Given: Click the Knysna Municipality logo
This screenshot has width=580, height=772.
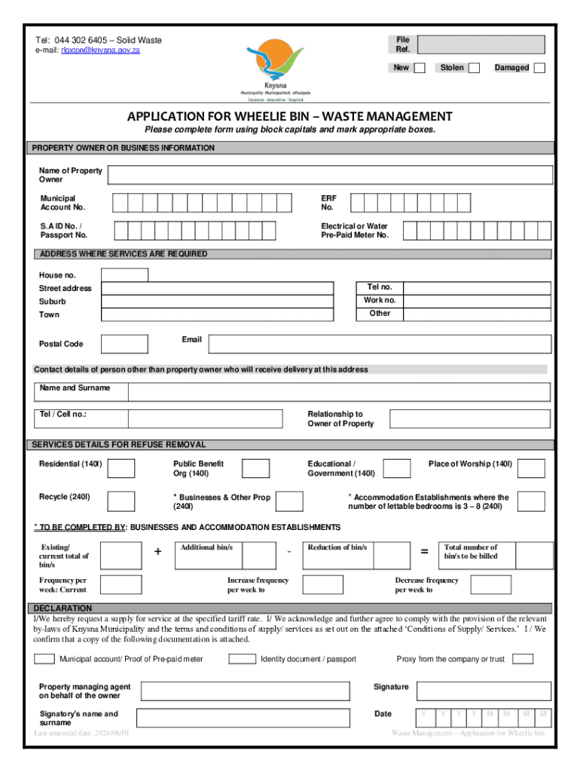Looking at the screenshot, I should coord(276,69).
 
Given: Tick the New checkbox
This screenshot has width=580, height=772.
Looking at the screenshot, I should coord(420,68).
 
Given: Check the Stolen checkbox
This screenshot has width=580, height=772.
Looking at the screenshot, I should coord(474,68).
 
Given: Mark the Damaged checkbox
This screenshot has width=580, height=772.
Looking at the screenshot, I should coord(539,68).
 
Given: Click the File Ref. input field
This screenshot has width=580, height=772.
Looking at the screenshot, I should coord(481,44).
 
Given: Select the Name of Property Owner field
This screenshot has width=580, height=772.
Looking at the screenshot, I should coord(329,175).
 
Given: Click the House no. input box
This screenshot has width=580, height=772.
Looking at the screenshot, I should coord(124,275).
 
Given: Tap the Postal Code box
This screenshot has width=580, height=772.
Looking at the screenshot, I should coord(124,344).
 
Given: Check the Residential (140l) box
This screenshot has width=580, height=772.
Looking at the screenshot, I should coord(121,468).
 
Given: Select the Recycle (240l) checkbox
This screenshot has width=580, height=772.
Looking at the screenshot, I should coord(121,501).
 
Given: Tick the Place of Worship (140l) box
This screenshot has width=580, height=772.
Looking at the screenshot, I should coord(531,468).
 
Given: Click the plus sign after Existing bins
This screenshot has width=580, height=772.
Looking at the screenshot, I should coord(157,552).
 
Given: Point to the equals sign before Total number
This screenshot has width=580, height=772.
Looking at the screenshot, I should coord(425,552).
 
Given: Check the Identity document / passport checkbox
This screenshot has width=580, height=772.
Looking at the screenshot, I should coord(242,659).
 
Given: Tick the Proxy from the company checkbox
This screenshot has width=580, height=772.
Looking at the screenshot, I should coord(522,659).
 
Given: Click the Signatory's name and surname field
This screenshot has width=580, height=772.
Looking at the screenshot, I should coord(245,718).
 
